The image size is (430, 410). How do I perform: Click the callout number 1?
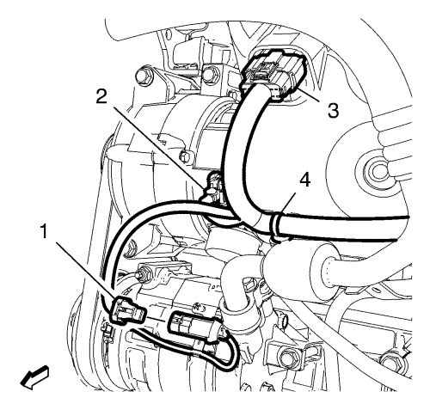click(44, 231)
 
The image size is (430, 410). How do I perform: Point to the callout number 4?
click(305, 181)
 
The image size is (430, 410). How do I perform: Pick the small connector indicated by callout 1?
click(127, 311)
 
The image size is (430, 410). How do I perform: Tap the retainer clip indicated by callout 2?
click(213, 190)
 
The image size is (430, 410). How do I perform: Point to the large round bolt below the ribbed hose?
click(377, 171)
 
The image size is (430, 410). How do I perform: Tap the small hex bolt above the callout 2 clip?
click(184, 156)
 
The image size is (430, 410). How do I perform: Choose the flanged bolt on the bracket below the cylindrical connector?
click(287, 357)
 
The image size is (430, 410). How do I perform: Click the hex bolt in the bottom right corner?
click(391, 360)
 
